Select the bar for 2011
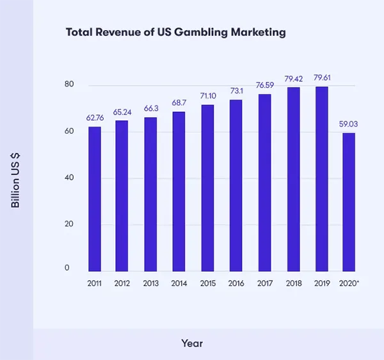click(95, 199)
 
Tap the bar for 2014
click(179, 192)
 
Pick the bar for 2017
click(264, 183)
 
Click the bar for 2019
click(321, 179)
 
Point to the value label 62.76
click(95, 118)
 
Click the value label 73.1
click(236, 91)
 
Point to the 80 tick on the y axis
click(69, 85)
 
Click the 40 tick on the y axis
click(69, 178)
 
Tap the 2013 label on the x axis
click(151, 282)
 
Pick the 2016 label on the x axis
click(236, 282)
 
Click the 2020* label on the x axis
click(349, 282)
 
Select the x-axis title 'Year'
click(192, 343)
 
